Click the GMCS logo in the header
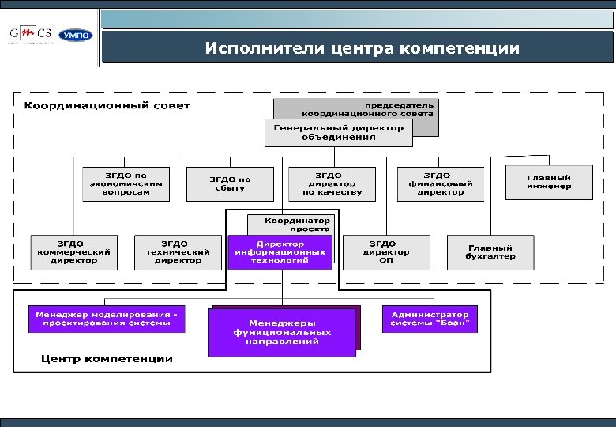click(x=32, y=35)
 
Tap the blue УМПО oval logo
click(x=77, y=36)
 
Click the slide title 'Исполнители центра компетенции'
click(x=362, y=48)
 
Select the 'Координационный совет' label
click(x=107, y=105)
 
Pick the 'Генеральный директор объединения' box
click(x=338, y=132)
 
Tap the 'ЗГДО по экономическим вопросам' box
click(x=126, y=183)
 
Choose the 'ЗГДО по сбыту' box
click(x=230, y=183)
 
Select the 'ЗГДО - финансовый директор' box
click(x=440, y=183)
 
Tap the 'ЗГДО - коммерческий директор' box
click(x=73, y=251)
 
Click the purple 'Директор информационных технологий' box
click(x=280, y=251)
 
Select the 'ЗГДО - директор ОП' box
click(x=387, y=251)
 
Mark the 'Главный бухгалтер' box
click(x=490, y=251)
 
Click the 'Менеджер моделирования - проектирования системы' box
click(x=107, y=319)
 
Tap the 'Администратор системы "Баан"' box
click(x=430, y=319)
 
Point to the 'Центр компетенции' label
click(x=107, y=358)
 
